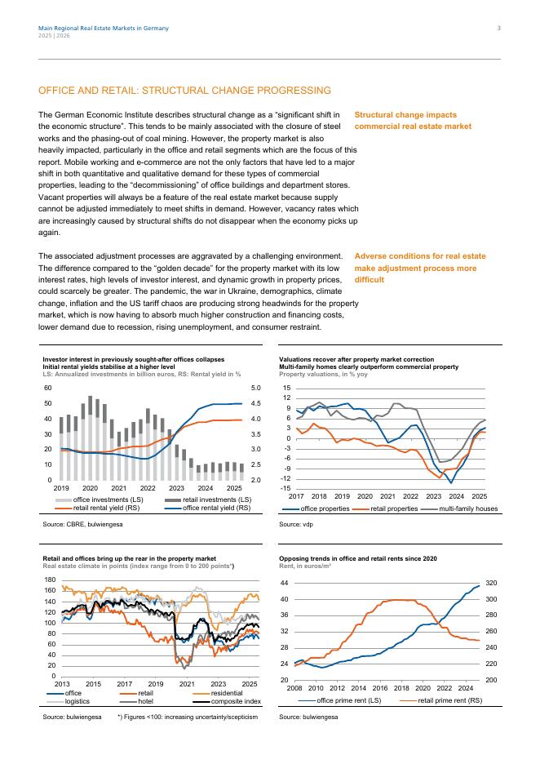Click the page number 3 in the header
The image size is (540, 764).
click(498, 29)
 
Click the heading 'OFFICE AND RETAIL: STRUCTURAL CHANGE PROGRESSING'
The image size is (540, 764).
click(185, 91)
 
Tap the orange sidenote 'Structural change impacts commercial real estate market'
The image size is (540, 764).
click(413, 121)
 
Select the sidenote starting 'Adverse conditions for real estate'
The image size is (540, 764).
click(420, 268)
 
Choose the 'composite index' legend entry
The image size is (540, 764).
click(236, 701)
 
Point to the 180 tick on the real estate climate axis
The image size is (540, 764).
click(51, 580)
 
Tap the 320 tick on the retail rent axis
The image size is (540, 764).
click(492, 584)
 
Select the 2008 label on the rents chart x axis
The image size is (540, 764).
click(295, 689)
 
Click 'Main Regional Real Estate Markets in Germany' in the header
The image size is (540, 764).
click(104, 29)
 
